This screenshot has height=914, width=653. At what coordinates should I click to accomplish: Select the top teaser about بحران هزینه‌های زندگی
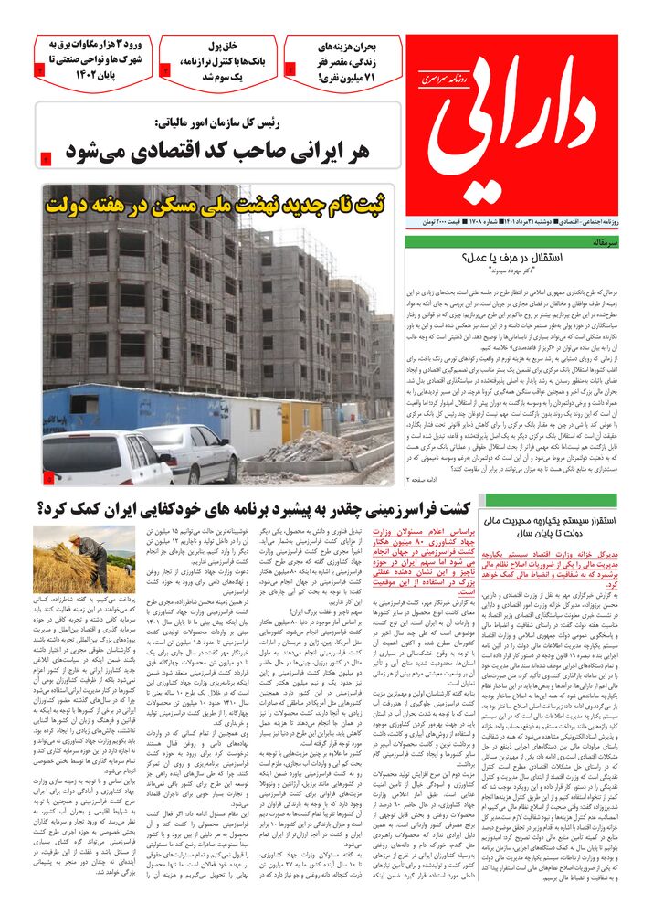point(344,61)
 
